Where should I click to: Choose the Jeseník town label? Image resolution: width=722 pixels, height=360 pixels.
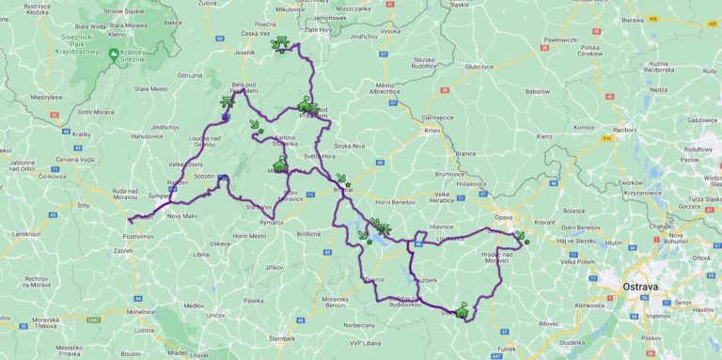point(245,53)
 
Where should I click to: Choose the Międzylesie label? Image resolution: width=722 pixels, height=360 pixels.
point(44,96)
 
